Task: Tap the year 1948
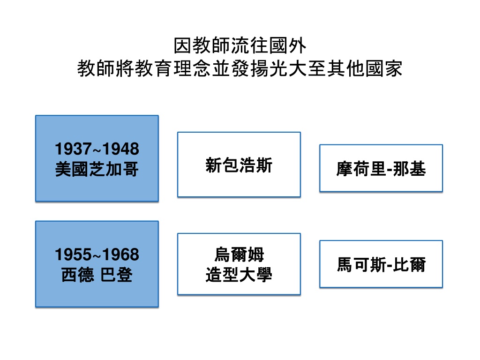[x=120, y=149]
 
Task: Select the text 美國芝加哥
[x=97, y=169]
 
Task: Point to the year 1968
[x=120, y=255]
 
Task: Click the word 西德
[x=78, y=275]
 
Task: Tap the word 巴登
[x=116, y=275]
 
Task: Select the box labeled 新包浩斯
[x=239, y=165]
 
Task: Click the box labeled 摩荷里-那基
[x=381, y=168]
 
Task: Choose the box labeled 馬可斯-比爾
[x=381, y=264]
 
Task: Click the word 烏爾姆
[x=239, y=255]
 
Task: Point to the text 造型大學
[x=239, y=275]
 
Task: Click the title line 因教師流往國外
[x=240, y=45]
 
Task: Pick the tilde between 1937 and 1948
[x=97, y=150]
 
